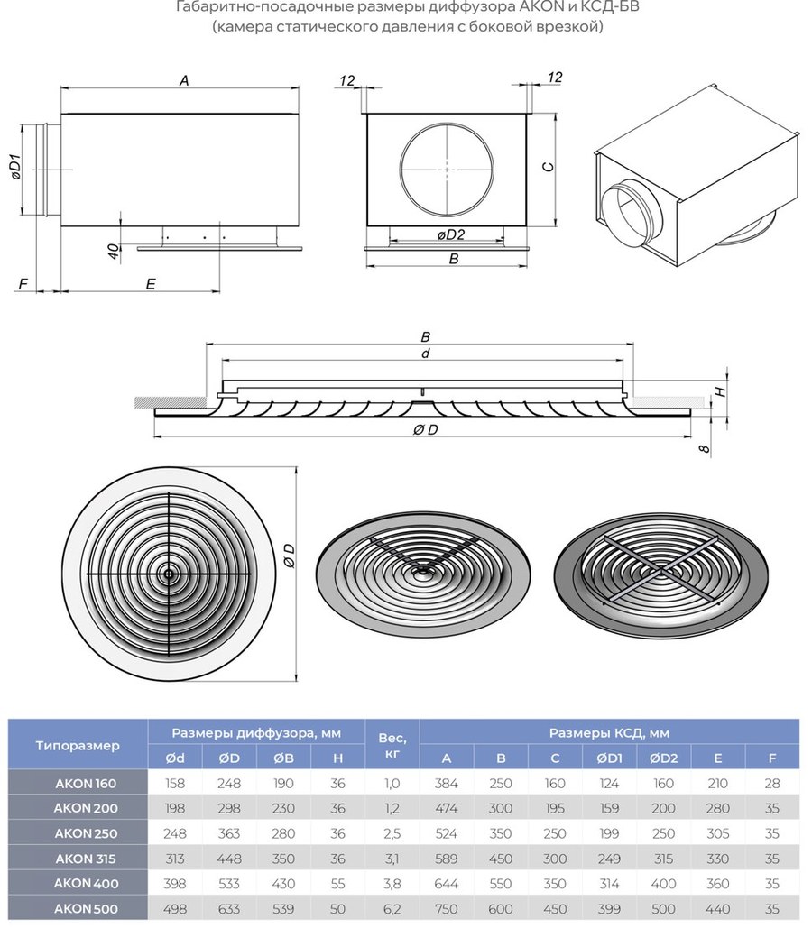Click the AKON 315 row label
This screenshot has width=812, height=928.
(86, 859)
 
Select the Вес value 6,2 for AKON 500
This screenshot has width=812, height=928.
(392, 908)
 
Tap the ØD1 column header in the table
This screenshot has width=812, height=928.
(609, 758)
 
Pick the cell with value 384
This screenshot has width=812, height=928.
(446, 783)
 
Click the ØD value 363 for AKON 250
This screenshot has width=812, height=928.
(229, 833)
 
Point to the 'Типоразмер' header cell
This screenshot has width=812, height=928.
(78, 745)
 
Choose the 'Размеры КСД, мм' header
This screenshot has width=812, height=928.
(609, 732)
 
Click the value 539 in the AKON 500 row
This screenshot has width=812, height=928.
(283, 908)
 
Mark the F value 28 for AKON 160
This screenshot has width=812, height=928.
(771, 783)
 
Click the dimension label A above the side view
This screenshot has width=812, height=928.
(184, 80)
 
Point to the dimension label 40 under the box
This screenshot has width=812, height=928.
(113, 251)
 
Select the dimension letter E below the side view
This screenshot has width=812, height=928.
(151, 284)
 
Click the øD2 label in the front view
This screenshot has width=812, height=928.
(451, 234)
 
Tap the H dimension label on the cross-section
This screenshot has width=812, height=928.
(720, 391)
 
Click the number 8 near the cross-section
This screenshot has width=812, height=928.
(705, 448)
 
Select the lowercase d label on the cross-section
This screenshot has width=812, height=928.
(425, 354)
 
